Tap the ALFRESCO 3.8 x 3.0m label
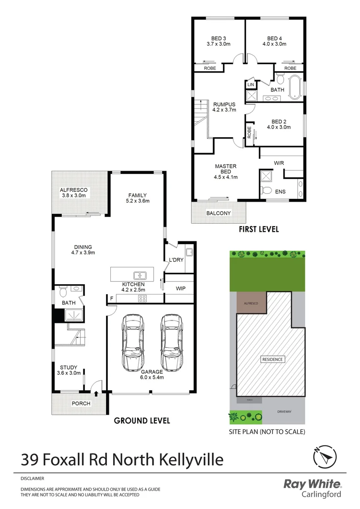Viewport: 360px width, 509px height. tap(74, 193)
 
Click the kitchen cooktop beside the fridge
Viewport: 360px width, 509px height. tap(141, 298)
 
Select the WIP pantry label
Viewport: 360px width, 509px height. tap(180, 288)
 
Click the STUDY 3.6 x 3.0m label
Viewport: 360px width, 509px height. tap(68, 370)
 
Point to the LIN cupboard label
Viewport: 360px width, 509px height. tap(251, 84)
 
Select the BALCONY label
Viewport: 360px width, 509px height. tap(219, 213)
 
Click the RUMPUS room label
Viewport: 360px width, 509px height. tap(224, 107)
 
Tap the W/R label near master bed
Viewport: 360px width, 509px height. tap(279, 163)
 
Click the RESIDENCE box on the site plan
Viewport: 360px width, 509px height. tap(273, 360)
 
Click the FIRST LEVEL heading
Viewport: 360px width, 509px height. tap(258, 230)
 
